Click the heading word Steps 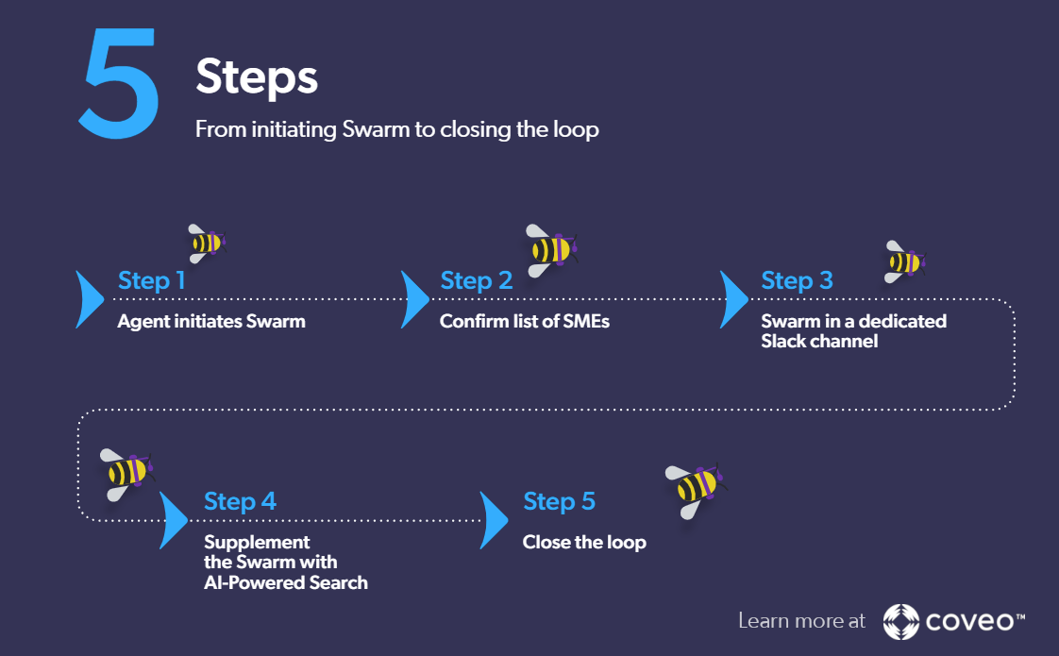pyautogui.click(x=256, y=76)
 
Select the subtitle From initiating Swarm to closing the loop pyautogui.click(x=396, y=129)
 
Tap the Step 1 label pyautogui.click(x=151, y=280)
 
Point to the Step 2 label pyautogui.click(x=476, y=280)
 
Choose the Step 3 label pyautogui.click(x=797, y=280)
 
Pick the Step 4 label pyautogui.click(x=240, y=501)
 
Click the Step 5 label pyautogui.click(x=559, y=501)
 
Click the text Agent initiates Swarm pyautogui.click(x=211, y=322)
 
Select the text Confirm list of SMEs pyautogui.click(x=525, y=322)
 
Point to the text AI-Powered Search pyautogui.click(x=286, y=582)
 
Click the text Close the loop pyautogui.click(x=584, y=543)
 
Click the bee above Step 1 pyautogui.click(x=206, y=243)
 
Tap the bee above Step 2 pyautogui.click(x=550, y=250)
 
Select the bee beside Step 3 pyautogui.click(x=904, y=261)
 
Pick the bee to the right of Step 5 pyautogui.click(x=698, y=488)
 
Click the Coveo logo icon pyautogui.click(x=901, y=621)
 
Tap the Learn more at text pyautogui.click(x=801, y=621)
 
